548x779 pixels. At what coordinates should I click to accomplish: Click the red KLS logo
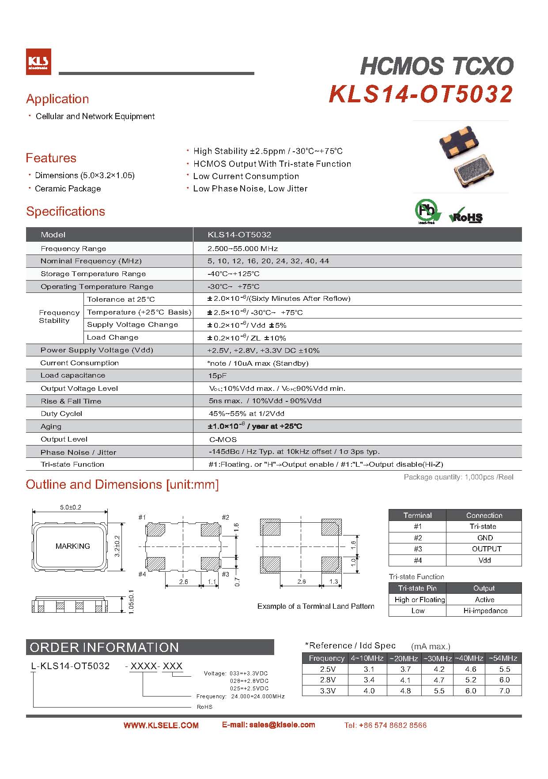point(38,61)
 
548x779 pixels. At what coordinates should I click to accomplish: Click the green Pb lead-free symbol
point(427,211)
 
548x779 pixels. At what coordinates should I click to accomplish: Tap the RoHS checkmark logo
point(466,216)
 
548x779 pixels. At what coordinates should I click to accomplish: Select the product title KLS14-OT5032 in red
point(420,94)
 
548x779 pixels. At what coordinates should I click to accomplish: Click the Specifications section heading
point(65,211)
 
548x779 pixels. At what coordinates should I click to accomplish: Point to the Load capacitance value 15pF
point(218,376)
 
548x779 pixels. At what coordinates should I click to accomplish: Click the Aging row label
point(51,427)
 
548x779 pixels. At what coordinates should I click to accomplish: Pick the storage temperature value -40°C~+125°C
point(234,274)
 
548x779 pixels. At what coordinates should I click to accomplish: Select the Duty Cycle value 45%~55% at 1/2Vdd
point(246,414)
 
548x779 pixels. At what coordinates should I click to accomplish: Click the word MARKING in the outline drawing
point(72,546)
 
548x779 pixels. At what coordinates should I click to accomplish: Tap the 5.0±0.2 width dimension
point(71,507)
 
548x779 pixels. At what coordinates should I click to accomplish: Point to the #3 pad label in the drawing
point(225,574)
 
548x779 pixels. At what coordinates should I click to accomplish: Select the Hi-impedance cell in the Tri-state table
point(485,611)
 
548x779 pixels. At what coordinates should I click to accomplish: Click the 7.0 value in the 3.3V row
point(504,691)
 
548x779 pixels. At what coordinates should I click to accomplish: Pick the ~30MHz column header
point(437,658)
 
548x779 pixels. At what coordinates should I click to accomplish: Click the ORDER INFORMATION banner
point(104,648)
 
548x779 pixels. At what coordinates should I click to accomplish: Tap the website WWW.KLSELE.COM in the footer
point(161,725)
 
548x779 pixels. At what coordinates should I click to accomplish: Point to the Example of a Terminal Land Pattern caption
point(316,607)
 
